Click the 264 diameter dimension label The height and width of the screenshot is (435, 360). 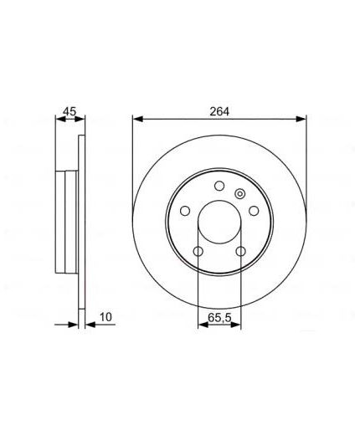click(x=219, y=111)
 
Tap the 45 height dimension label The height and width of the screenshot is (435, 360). click(x=69, y=111)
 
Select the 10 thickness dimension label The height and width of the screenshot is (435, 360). click(x=105, y=317)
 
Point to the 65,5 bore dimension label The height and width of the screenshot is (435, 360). click(x=219, y=317)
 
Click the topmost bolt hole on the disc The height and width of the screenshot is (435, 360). click(x=219, y=186)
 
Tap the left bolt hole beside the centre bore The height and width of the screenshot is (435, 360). click(x=185, y=211)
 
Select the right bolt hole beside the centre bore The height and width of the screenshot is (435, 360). click(x=254, y=211)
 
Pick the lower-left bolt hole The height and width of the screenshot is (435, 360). click(x=198, y=252)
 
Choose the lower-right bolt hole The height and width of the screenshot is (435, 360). click(x=240, y=252)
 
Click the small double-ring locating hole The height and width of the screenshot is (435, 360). click(x=239, y=193)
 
